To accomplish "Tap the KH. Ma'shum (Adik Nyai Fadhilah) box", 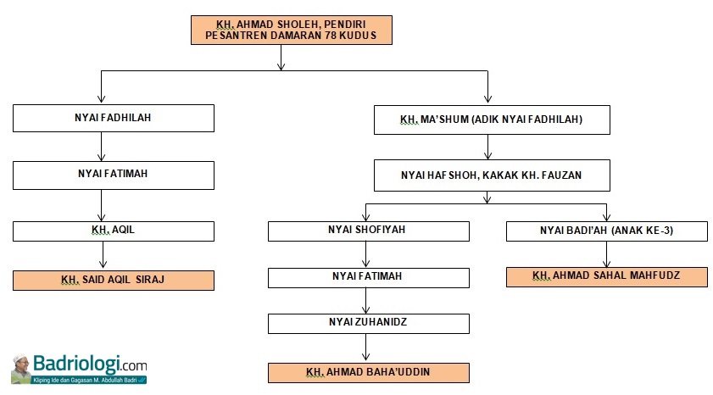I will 491,120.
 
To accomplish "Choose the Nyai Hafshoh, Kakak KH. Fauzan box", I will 491,175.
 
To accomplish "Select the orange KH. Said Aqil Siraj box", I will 113,280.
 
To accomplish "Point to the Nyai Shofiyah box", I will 368,230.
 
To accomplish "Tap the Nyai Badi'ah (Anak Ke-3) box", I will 606,230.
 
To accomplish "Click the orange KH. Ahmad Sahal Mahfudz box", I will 606,276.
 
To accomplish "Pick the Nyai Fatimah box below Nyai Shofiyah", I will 368,277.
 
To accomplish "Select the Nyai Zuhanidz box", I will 368,323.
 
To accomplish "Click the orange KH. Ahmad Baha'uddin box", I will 368,372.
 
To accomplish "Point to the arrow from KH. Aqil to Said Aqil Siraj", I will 102,255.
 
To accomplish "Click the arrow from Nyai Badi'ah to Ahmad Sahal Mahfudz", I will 606,253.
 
